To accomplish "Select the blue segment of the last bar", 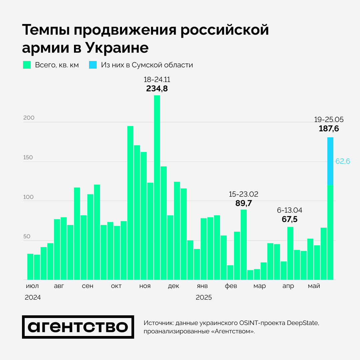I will (x=330, y=161).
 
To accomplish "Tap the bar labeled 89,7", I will (x=244, y=244).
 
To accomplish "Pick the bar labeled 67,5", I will (x=290, y=253).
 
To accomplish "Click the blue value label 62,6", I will (x=342, y=161).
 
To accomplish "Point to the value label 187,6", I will (x=329, y=129).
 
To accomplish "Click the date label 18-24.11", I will (x=157, y=80).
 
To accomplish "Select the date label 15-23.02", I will (x=243, y=194).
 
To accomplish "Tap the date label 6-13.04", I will (x=290, y=210).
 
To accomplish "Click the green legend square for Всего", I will (x=27, y=65).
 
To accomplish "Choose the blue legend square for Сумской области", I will (x=93, y=65).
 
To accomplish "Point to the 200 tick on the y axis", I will (x=28, y=118).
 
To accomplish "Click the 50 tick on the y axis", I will (x=26, y=236).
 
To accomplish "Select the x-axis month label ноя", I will (x=145, y=286).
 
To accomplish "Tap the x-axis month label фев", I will (x=231, y=286).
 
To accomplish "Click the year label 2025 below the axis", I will (x=204, y=297).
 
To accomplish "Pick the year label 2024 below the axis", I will (x=33, y=297).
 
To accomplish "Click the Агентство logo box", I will (x=78, y=327).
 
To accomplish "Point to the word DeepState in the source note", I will (x=302, y=323).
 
